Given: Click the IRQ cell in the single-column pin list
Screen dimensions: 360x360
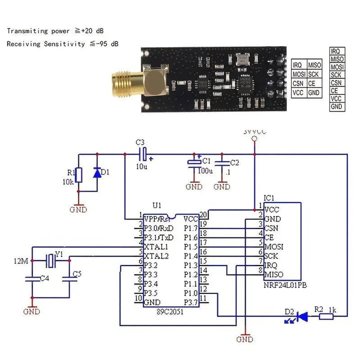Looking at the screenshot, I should coord(336,51).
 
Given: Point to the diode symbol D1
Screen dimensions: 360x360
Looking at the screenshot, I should coord(97,172).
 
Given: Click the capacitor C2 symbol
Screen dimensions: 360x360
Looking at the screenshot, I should coord(221,163).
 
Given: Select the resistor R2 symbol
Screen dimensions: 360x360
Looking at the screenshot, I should coord(326,316).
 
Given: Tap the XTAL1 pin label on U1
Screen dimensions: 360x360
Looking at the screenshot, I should coord(155,246).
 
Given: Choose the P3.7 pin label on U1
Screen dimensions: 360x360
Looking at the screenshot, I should coord(191,302).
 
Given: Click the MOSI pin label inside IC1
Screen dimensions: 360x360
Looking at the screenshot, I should coord(273,246).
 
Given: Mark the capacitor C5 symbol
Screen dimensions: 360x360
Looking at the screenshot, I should coord(69,280).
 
